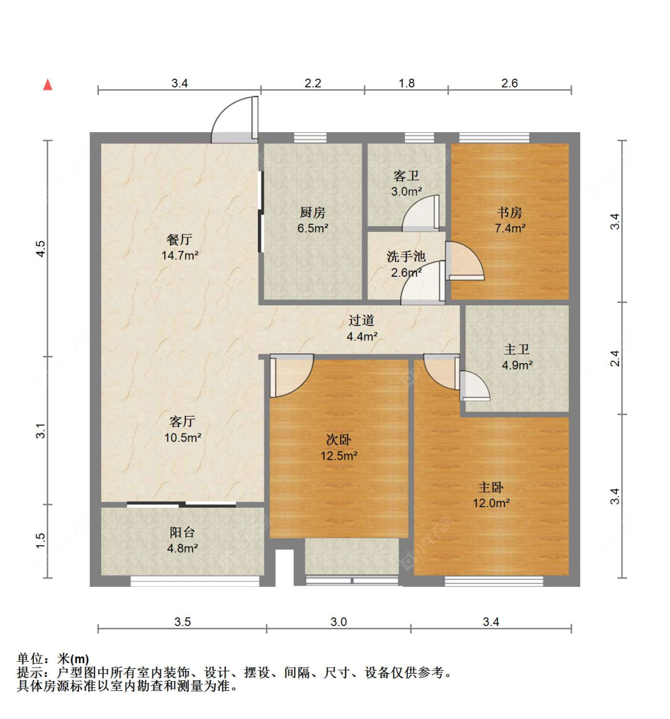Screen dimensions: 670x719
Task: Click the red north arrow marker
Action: coord(48,85)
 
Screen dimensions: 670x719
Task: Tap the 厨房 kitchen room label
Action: coord(312,212)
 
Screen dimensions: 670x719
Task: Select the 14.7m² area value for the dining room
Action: coord(180,255)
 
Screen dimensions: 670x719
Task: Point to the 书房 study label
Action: coord(509,212)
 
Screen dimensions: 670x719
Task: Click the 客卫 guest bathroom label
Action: coord(406,176)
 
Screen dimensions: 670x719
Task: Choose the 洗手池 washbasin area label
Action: coord(406,257)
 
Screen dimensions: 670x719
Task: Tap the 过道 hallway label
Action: coord(361,320)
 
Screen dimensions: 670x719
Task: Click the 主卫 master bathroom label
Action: coord(516,349)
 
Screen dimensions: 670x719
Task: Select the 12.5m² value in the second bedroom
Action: coord(339,456)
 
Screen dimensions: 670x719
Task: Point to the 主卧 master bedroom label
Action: coord(491,487)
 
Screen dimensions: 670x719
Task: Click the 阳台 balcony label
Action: coord(182,532)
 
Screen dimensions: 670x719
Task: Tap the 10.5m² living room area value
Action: coord(183,437)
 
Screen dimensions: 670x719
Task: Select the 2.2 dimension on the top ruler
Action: coord(313,83)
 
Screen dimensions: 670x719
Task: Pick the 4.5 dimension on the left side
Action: coord(40,249)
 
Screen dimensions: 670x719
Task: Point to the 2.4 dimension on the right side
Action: coord(615,358)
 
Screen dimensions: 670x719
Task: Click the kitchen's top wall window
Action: coord(310,137)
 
